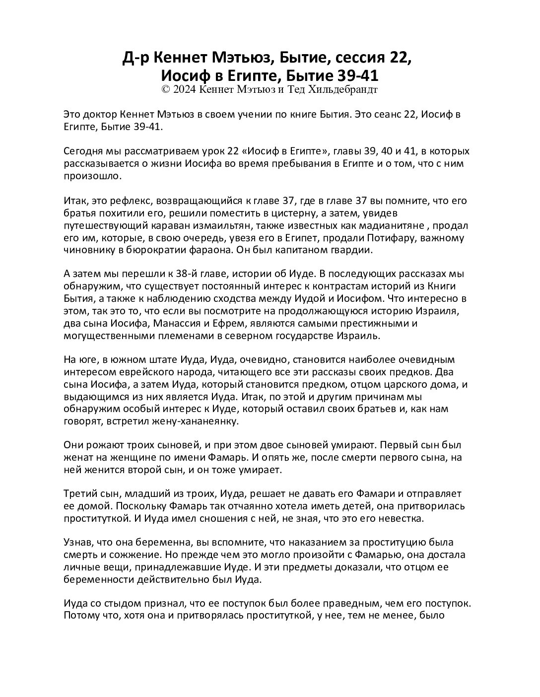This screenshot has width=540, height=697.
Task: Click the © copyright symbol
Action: click(166, 90)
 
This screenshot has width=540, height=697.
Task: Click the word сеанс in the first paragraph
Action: click(371, 115)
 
